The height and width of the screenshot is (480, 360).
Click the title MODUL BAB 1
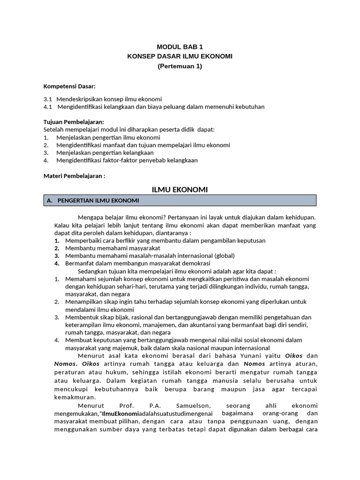coord(180,47)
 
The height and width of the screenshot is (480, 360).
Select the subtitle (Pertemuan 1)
coord(180,66)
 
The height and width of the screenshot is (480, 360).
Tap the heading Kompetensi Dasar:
coord(69,86)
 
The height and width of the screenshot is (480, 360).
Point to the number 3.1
coord(47,99)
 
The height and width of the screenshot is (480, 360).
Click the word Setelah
coord(53,129)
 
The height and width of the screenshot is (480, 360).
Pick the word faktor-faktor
coord(126,160)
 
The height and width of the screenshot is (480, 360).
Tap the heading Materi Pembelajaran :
coord(74,176)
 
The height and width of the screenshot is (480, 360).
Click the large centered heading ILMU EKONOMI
coord(180,189)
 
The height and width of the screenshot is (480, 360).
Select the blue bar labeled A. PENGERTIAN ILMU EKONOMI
coord(180,201)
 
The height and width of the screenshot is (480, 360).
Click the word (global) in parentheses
coord(225,256)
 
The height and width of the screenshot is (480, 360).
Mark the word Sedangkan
coord(93,271)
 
